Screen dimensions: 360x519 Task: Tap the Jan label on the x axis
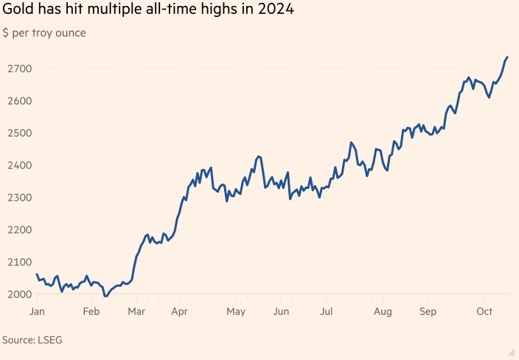pyautogui.click(x=37, y=311)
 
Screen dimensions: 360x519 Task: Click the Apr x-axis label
pyautogui.click(x=179, y=311)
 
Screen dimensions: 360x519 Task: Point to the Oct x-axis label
pyautogui.click(x=484, y=311)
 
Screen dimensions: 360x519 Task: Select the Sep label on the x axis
pyautogui.click(x=428, y=311)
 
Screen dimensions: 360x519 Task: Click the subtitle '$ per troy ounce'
pyautogui.click(x=44, y=33)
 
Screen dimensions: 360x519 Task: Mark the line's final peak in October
pyautogui.click(x=507, y=57)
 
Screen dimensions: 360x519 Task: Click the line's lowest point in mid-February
pyautogui.click(x=105, y=297)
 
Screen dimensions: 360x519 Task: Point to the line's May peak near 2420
pyautogui.click(x=258, y=156)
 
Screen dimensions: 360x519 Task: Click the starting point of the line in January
pyautogui.click(x=37, y=274)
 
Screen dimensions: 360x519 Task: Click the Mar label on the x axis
pyautogui.click(x=136, y=311)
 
